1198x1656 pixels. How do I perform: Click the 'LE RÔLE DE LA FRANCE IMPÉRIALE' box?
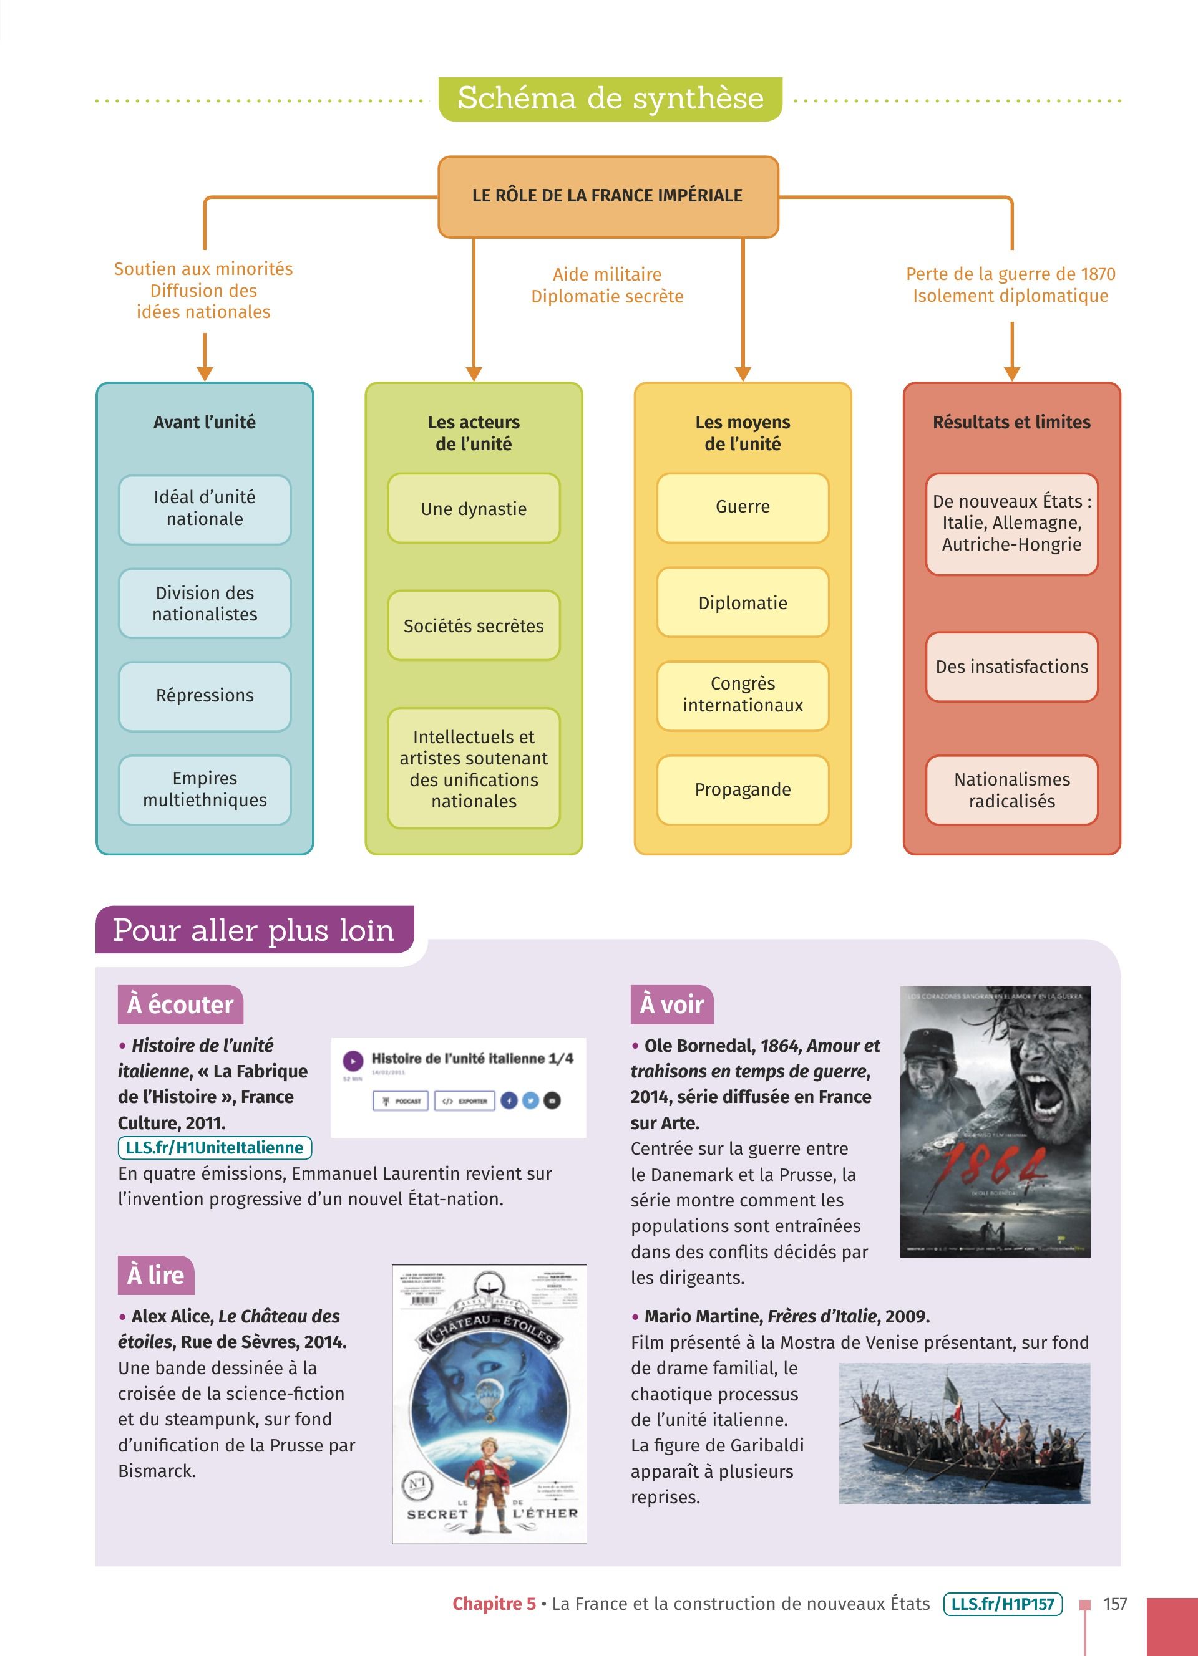coord(608,196)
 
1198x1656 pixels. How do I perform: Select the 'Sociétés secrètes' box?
coord(474,626)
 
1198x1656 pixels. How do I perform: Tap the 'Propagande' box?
coord(742,789)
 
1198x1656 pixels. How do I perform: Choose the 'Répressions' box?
coord(205,696)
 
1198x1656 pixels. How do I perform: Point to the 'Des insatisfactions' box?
coord(1011,667)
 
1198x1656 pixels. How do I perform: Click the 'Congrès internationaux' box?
coord(742,695)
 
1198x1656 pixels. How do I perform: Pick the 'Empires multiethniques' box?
coord(205,789)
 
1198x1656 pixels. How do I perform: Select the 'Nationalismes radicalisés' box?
coord(1011,790)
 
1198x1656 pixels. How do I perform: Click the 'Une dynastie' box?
coord(474,509)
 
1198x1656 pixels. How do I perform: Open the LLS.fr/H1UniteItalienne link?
coord(215,1147)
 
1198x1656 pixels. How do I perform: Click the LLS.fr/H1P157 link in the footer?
coord(1002,1604)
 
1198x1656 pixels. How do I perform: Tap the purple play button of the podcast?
coord(353,1060)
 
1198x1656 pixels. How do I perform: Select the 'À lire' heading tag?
coord(155,1275)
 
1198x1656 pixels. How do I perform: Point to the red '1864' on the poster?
coord(993,1165)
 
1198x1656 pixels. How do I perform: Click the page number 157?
coord(1115,1604)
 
